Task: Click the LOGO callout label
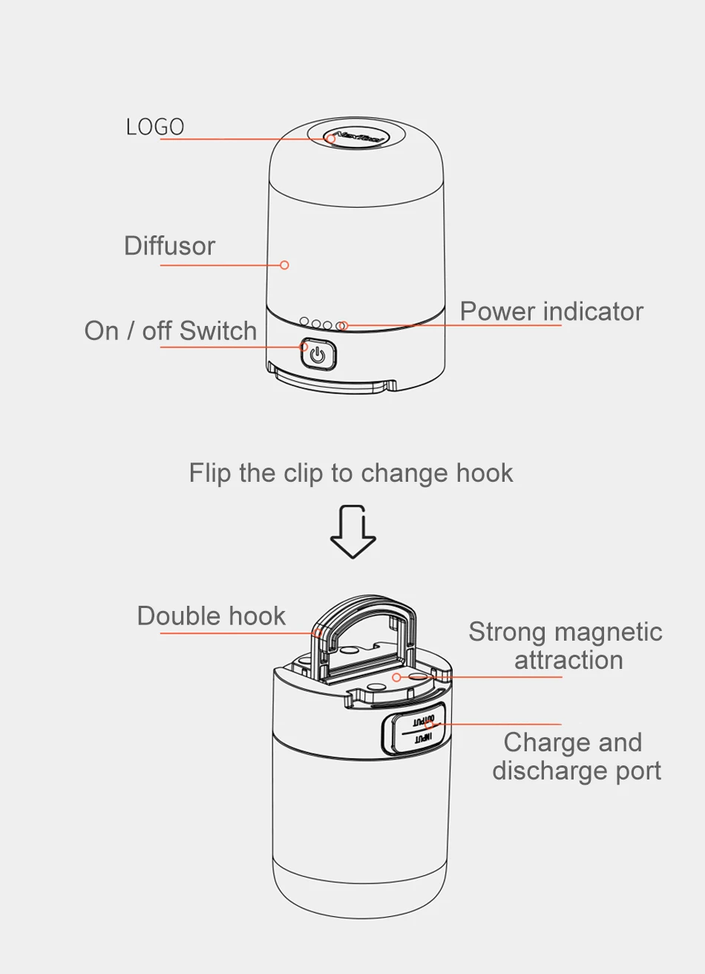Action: pos(155,127)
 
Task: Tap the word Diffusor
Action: pos(169,246)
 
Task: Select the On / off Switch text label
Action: pos(171,331)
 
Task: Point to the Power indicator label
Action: pos(551,312)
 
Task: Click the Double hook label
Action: pos(211,616)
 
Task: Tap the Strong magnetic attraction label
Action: pos(565,646)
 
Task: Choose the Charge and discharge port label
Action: pos(576,756)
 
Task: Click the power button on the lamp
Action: pos(318,354)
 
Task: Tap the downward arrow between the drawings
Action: pos(353,532)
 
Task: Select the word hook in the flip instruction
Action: pos(485,474)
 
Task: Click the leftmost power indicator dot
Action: pos(304,322)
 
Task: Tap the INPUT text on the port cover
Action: pos(422,738)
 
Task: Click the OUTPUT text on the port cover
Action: pos(423,720)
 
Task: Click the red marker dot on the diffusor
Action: pos(284,265)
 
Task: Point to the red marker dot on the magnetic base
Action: pos(396,677)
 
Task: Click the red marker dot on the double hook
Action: pos(318,633)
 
